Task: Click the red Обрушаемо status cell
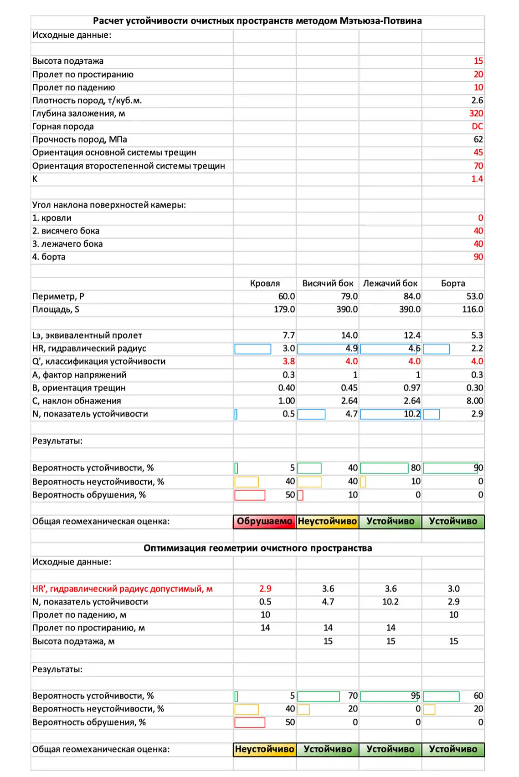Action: click(x=264, y=521)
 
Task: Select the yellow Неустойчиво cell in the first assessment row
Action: click(x=327, y=521)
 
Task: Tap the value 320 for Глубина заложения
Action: click(x=476, y=113)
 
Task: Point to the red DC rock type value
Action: click(x=477, y=127)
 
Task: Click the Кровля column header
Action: click(x=265, y=283)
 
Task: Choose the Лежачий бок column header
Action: click(x=390, y=283)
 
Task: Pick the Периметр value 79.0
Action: click(x=349, y=296)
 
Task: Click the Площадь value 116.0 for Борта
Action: click(x=473, y=310)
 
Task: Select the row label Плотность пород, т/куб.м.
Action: click(x=87, y=101)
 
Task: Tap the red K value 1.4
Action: click(x=477, y=179)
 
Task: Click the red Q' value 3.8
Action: click(x=288, y=361)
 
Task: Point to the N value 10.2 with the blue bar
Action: click(x=412, y=414)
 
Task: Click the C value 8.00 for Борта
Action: click(x=475, y=401)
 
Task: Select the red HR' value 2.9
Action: click(x=265, y=589)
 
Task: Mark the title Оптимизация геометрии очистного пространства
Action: click(x=257, y=548)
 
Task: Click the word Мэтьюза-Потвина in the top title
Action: click(x=380, y=21)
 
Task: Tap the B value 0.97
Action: click(x=412, y=388)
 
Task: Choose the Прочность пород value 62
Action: click(x=478, y=139)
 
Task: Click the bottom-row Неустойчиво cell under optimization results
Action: click(x=264, y=749)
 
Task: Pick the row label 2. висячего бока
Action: click(x=66, y=231)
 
